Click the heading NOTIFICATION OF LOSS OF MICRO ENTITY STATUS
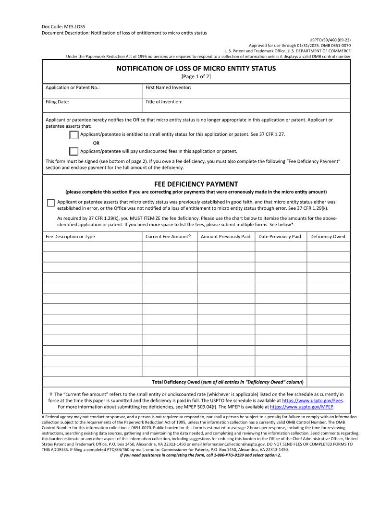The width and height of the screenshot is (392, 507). click(x=196, y=69)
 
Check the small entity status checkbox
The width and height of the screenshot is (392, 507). click(x=74, y=135)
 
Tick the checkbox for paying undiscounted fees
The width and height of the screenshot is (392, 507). click(x=74, y=151)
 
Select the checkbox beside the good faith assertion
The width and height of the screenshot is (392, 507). click(x=51, y=203)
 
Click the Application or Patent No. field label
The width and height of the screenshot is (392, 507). click(x=73, y=88)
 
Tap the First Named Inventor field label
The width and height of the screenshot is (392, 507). click(x=168, y=88)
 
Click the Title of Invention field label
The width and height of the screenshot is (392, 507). click(x=164, y=102)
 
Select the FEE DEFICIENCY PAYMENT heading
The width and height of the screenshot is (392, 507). click(x=196, y=184)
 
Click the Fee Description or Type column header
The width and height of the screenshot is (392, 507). click(x=70, y=237)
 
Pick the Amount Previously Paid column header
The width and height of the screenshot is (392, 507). click(x=225, y=237)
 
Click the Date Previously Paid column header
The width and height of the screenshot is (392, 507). click(x=280, y=237)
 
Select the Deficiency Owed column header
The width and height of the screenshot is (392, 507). click(x=328, y=237)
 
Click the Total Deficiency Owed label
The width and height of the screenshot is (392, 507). click(x=228, y=382)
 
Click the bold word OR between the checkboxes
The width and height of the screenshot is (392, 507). click(x=96, y=143)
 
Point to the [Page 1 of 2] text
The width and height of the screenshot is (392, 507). click(x=196, y=76)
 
